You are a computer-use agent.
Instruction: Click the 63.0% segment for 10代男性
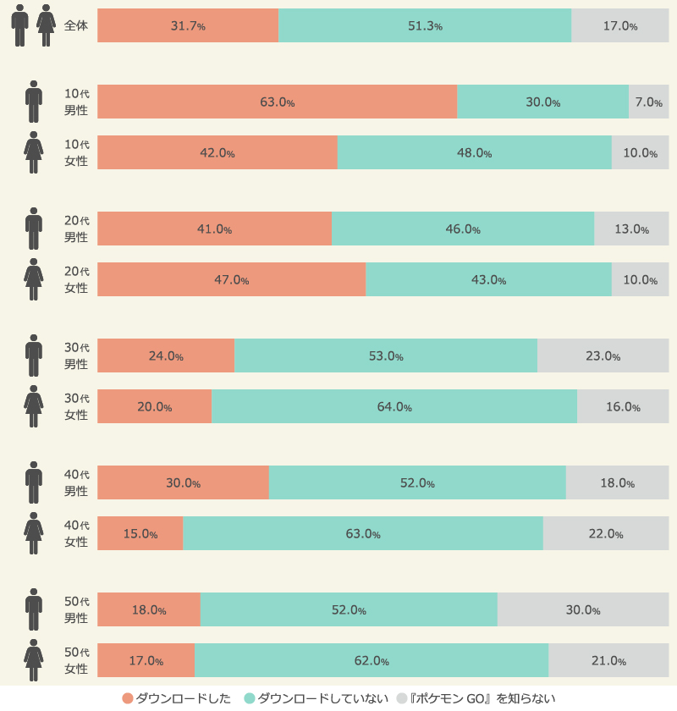[277, 102]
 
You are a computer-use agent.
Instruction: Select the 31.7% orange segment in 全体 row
[188, 25]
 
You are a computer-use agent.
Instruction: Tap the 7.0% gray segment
[648, 102]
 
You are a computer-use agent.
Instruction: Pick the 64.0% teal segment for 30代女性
[394, 406]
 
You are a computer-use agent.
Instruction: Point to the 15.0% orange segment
[140, 533]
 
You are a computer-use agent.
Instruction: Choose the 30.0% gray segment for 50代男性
[583, 609]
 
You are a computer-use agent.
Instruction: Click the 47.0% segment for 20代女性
[232, 279]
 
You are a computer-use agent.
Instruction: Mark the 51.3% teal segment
[425, 25]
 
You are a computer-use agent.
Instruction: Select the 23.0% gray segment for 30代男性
[603, 355]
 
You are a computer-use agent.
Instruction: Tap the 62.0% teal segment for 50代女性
[372, 660]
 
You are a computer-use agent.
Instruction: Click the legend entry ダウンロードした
[177, 698]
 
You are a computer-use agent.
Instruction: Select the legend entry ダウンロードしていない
[316, 698]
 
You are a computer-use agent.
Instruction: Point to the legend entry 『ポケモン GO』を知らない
[476, 698]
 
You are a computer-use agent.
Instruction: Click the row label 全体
[75, 25]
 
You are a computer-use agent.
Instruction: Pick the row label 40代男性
[77, 482]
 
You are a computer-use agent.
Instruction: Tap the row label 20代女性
[77, 279]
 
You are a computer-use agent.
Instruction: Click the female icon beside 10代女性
[34, 152]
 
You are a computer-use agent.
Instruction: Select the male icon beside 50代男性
[34, 609]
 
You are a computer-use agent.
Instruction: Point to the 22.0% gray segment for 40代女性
[606, 533]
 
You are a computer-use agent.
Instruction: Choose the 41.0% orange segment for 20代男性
[214, 229]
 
